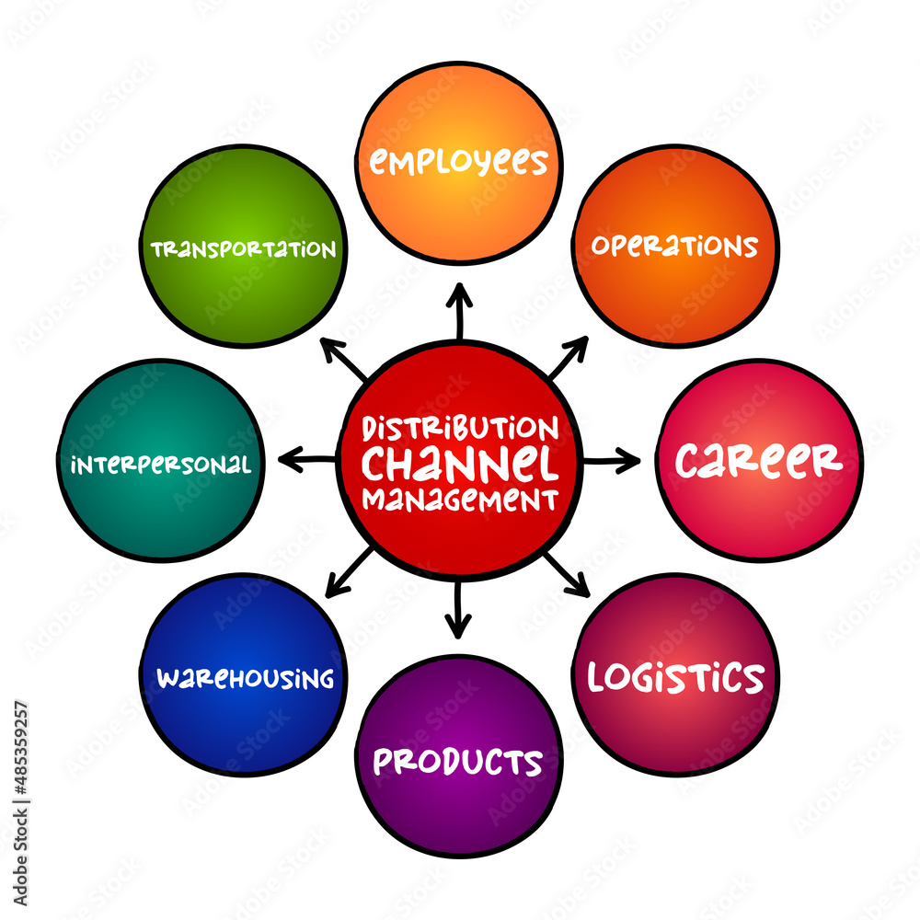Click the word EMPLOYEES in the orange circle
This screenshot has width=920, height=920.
point(458,162)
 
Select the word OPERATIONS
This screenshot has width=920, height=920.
point(674,246)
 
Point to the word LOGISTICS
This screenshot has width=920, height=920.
point(675,677)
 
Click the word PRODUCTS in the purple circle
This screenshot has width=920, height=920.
point(457,762)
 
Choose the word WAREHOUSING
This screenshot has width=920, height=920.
point(245,679)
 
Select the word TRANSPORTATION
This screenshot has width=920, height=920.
point(244,249)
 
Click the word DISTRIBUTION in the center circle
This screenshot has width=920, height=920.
point(460,428)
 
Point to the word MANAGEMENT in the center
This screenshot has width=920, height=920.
point(460,500)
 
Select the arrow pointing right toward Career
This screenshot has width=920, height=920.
point(611,460)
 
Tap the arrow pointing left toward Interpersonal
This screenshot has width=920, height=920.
point(307,459)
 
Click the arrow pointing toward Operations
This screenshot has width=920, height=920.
point(568,356)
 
